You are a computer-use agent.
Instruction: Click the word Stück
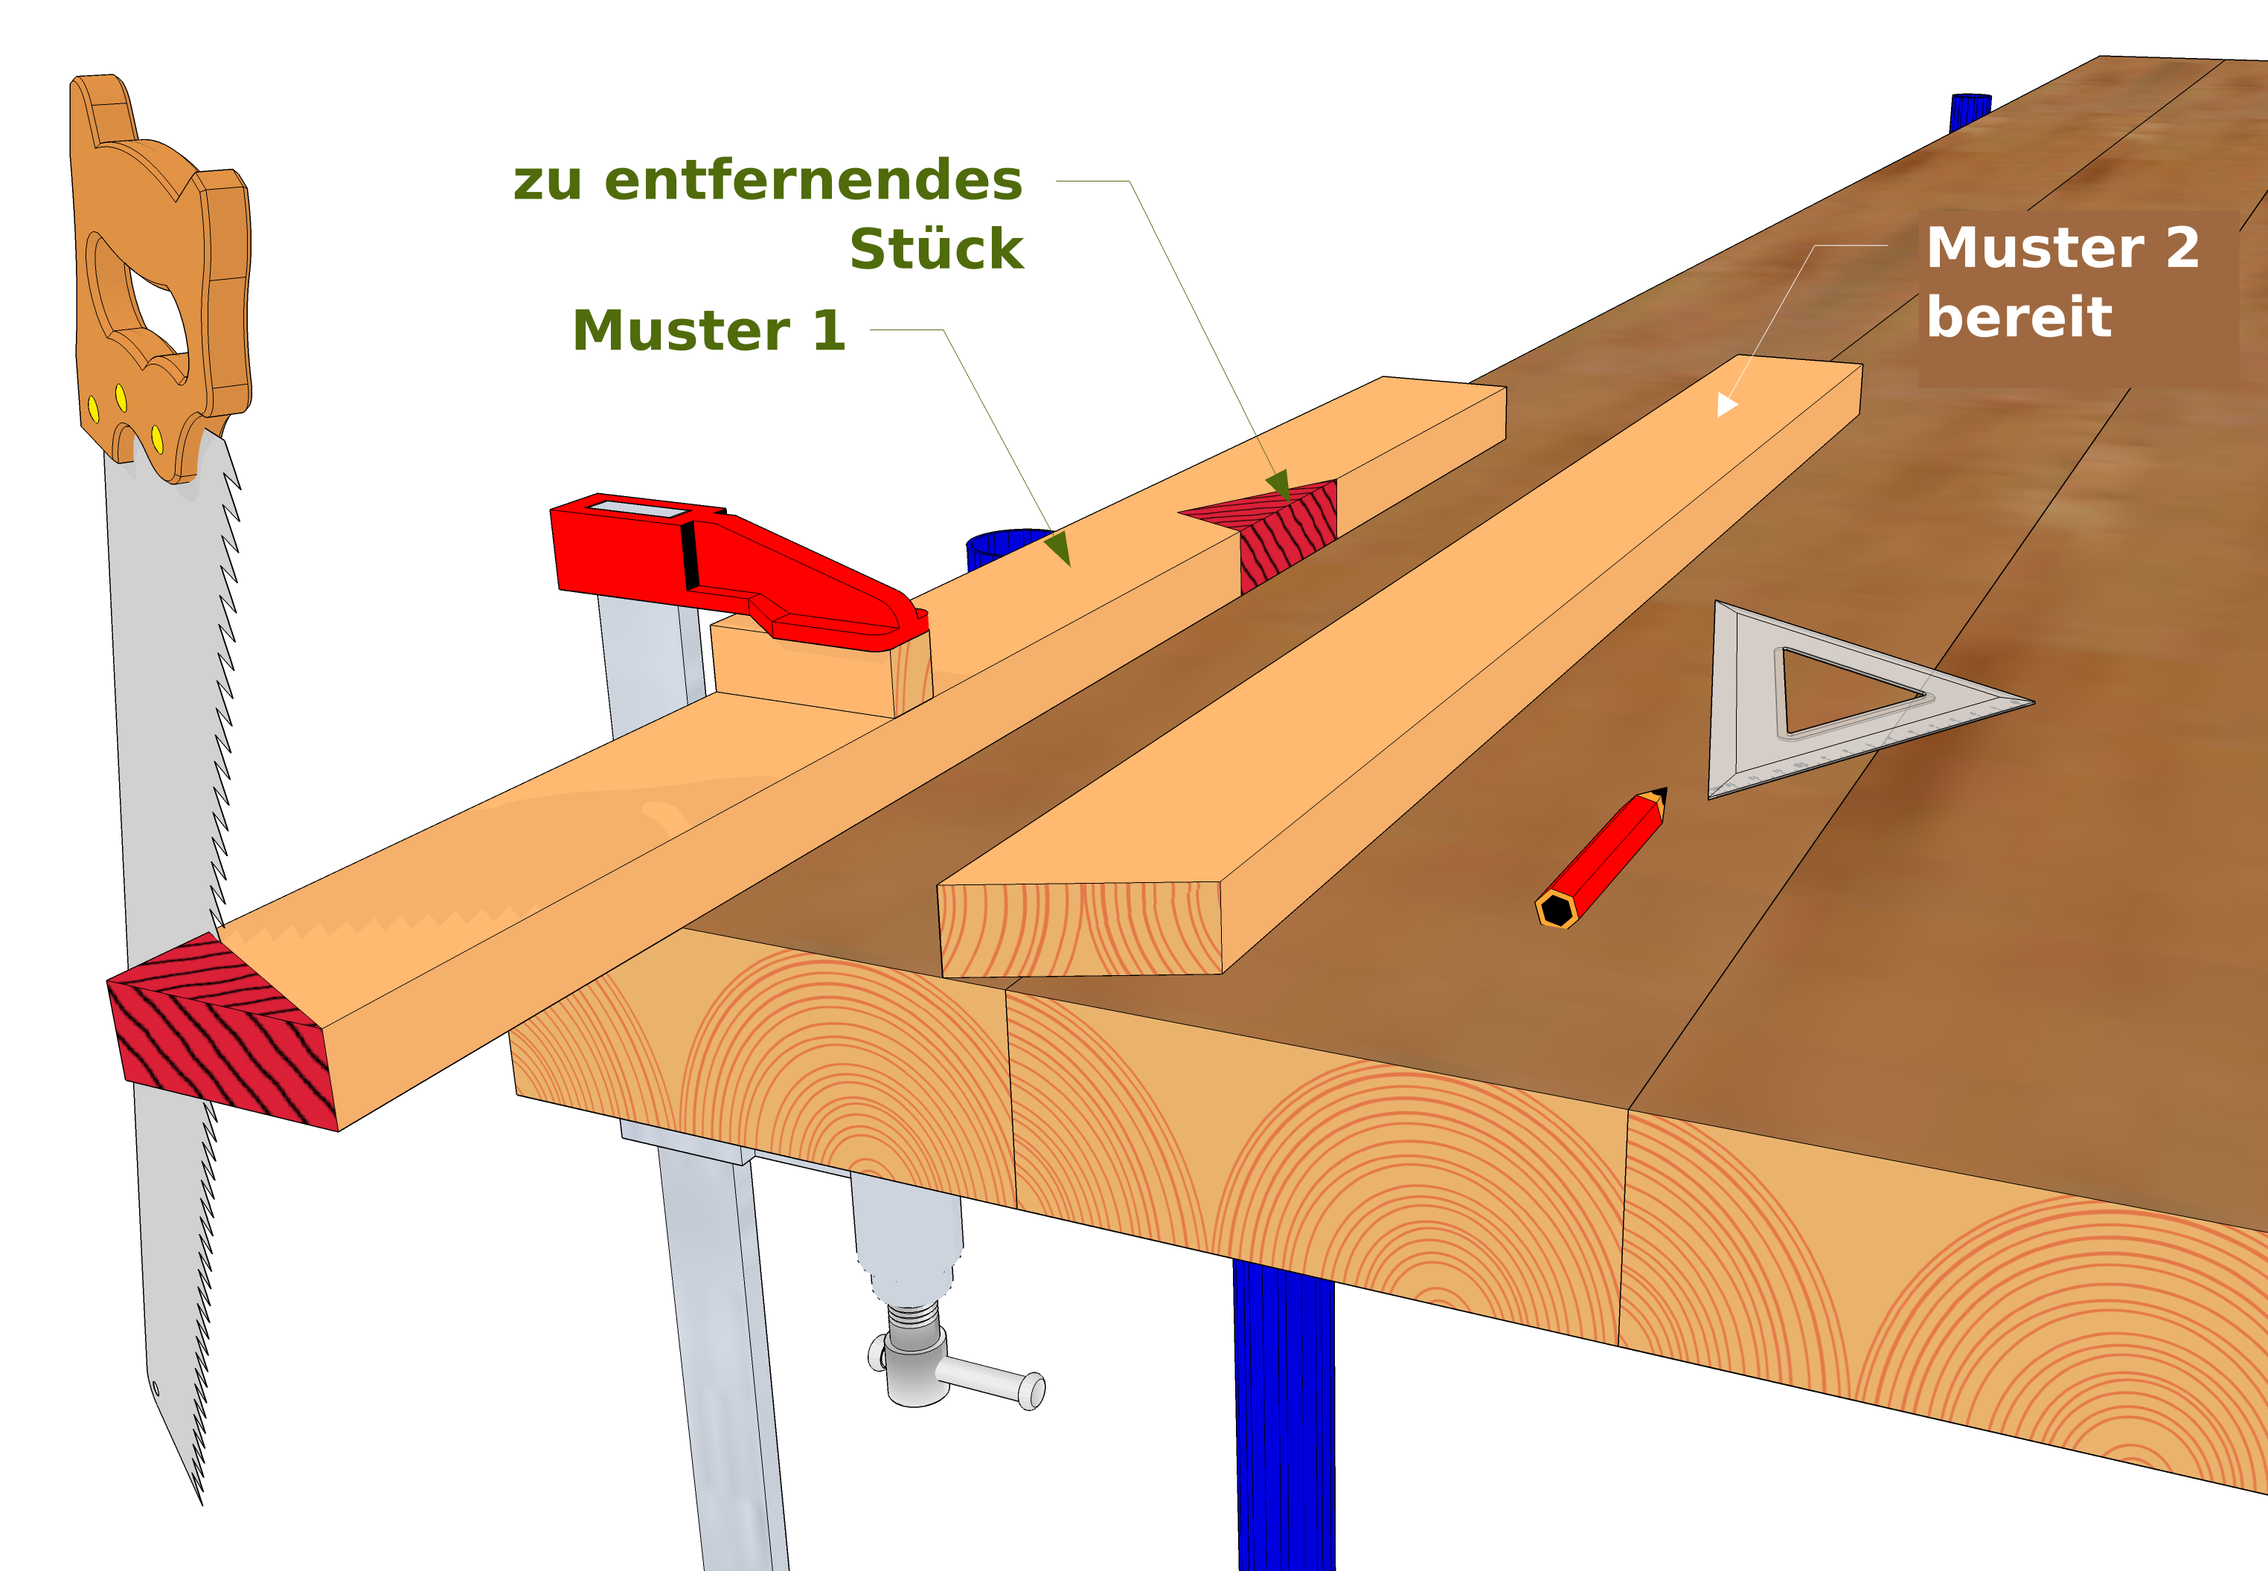(936, 248)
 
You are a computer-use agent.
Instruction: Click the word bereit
(2019, 316)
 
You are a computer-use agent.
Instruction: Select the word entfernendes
(813, 180)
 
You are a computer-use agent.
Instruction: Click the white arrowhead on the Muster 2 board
(1726, 405)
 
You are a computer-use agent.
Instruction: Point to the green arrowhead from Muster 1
(1058, 547)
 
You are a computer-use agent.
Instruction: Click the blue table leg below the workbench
(1284, 1418)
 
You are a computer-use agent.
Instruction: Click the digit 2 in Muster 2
(2182, 247)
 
